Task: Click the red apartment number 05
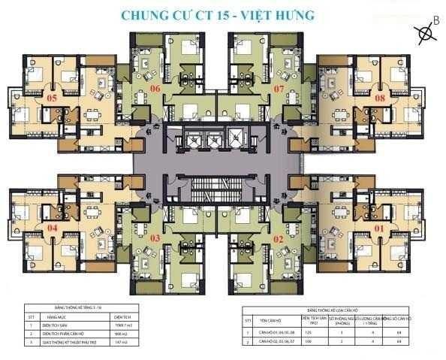tap(51, 98)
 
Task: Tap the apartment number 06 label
tap(155, 88)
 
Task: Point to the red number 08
tap(381, 98)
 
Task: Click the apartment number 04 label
tap(52, 227)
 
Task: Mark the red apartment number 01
tap(380, 227)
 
